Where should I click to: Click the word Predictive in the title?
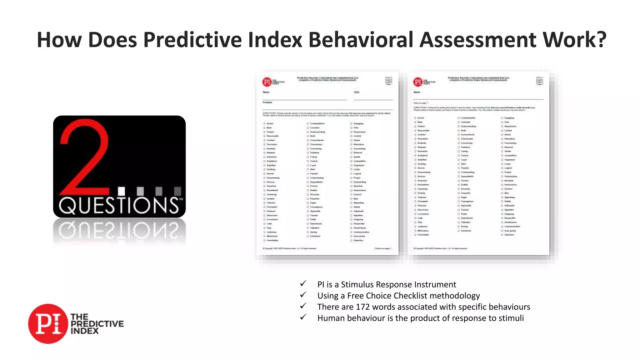point(192,40)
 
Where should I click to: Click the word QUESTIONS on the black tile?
point(119,205)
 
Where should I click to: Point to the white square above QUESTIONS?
point(122,191)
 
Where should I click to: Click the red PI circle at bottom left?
point(48,324)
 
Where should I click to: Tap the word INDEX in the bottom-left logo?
point(84,331)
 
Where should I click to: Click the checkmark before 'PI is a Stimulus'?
point(303,283)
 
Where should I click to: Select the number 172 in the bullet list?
point(363,307)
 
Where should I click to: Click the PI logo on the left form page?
point(267,82)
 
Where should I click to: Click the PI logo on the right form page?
point(417,82)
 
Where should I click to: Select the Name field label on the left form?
point(266,92)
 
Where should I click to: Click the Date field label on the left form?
point(357,92)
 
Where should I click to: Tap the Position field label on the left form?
point(267,102)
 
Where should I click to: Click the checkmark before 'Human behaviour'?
point(303,317)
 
